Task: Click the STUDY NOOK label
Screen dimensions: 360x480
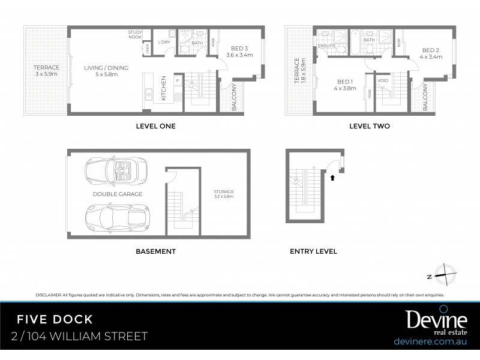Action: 134,34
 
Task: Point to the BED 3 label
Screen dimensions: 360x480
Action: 237,52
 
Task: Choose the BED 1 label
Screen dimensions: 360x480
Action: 344,85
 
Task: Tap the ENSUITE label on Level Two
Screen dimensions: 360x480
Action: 327,45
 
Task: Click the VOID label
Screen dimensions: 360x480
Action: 383,80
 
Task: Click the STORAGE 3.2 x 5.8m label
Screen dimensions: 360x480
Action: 223,194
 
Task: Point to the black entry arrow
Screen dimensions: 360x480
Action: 332,177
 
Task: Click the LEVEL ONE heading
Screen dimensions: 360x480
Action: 155,127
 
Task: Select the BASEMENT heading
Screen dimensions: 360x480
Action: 155,251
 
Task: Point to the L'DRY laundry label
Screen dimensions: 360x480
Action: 164,43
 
